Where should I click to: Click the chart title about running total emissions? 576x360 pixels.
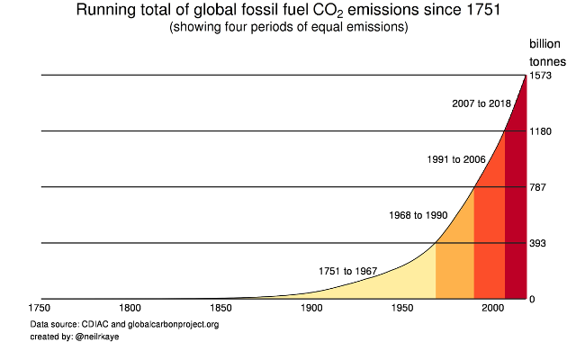pyautogui.click(x=288, y=11)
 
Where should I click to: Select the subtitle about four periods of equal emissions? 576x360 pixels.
pyautogui.click(x=288, y=27)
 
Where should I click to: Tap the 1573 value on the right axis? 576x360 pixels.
pyautogui.click(x=540, y=76)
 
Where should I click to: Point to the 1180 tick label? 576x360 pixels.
pyautogui.click(x=540, y=131)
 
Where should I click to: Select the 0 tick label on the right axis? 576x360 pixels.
pyautogui.click(x=533, y=299)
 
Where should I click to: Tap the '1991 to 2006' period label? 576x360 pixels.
pyautogui.click(x=456, y=160)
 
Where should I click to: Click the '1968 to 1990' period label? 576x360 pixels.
pyautogui.click(x=418, y=216)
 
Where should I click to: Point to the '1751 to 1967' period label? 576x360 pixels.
pyautogui.click(x=347, y=271)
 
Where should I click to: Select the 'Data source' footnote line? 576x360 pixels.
pyautogui.click(x=124, y=324)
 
